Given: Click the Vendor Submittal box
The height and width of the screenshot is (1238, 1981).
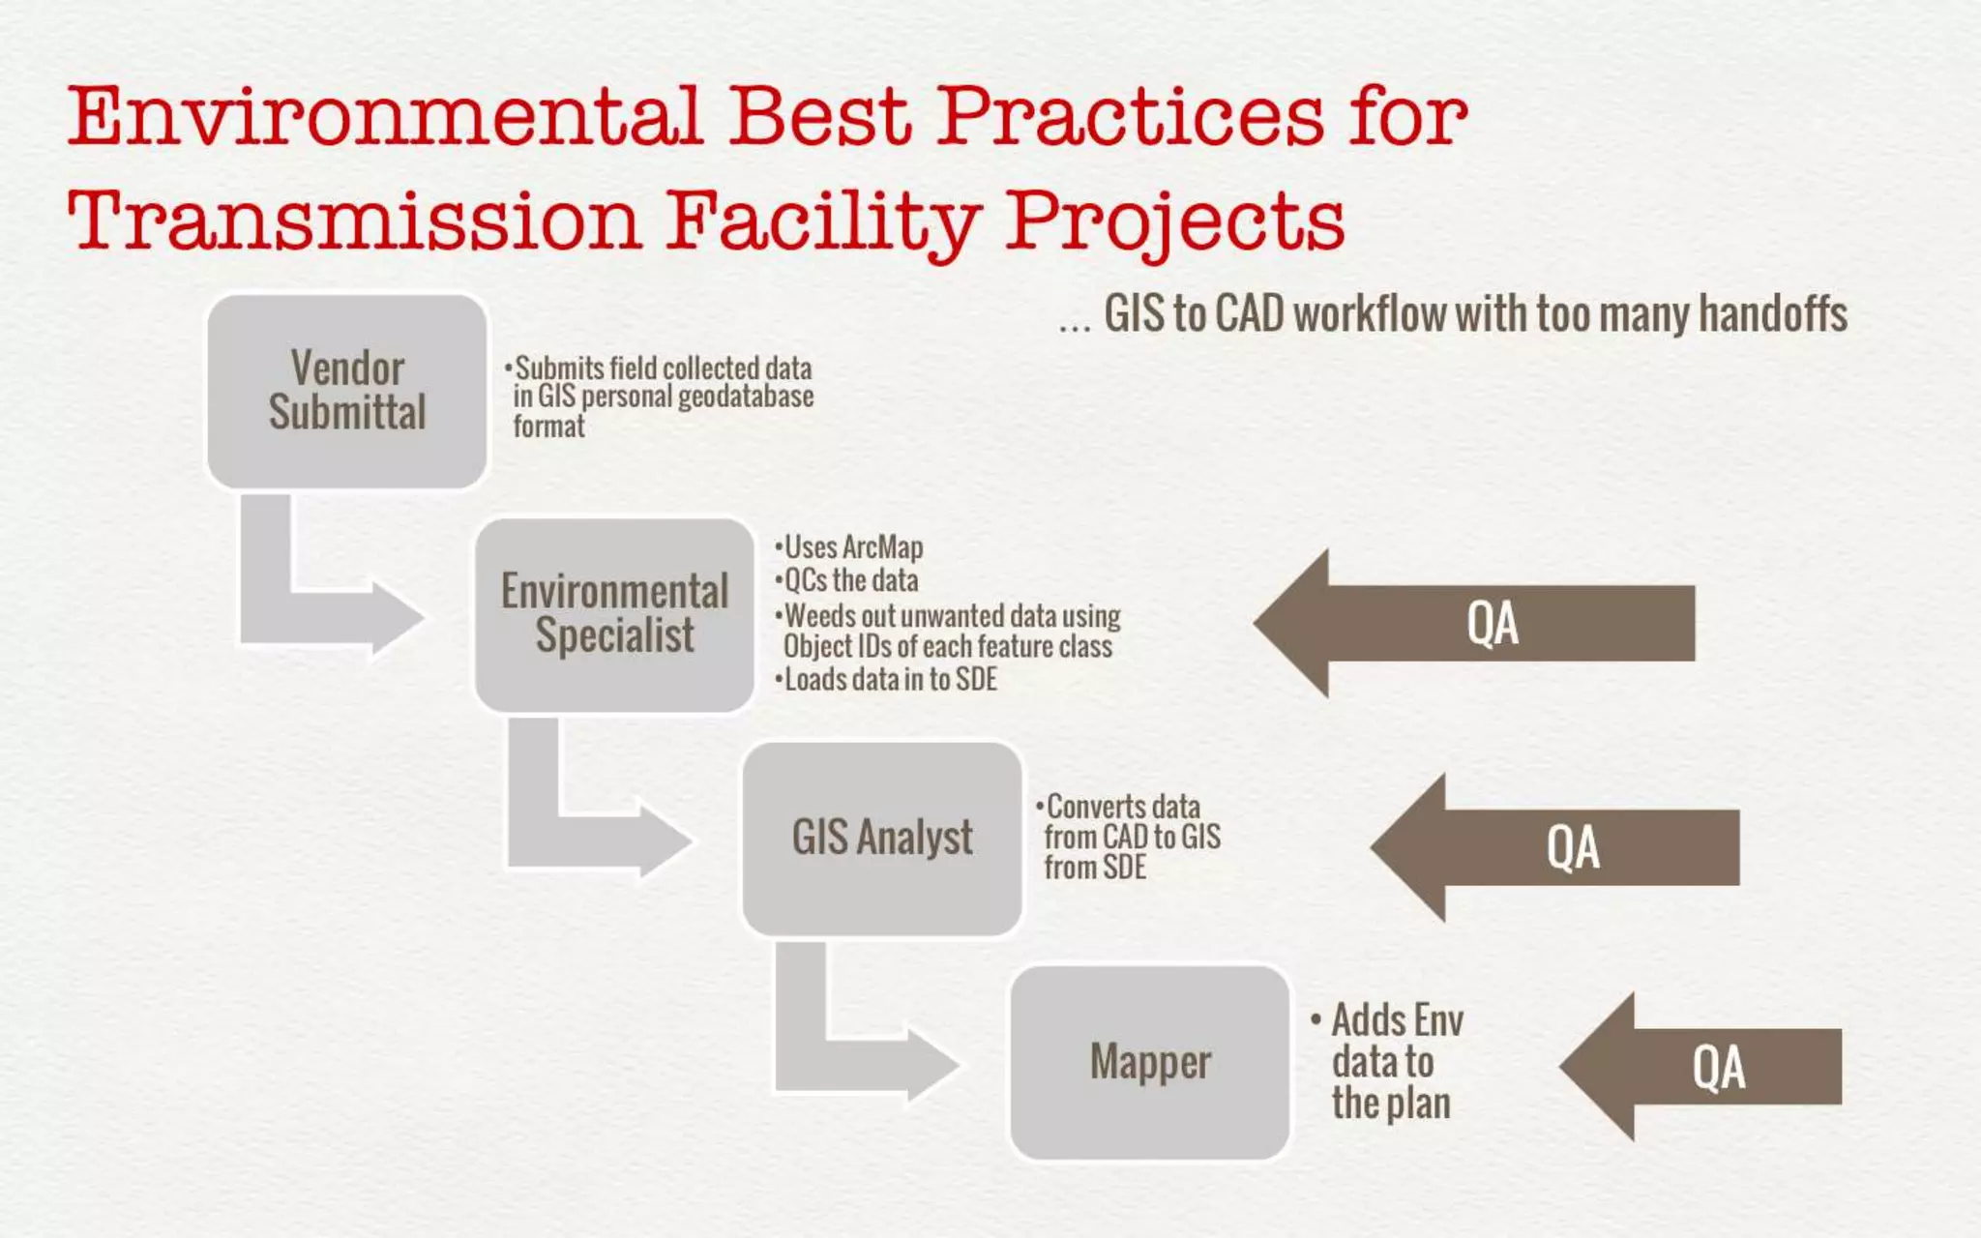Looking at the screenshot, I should coord(346,391).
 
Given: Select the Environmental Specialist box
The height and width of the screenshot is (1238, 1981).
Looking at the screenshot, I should coord(614,614).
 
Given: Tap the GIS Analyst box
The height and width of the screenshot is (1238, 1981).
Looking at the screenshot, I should coord(881,838).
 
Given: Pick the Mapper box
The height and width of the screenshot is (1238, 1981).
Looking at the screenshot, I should coord(1149,1062).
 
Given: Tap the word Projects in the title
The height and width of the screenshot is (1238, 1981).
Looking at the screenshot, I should coord(1174,221).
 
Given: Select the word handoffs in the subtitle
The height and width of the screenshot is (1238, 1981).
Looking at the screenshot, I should coord(1772,313).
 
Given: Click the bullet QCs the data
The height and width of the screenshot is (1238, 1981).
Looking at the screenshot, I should coord(850,580).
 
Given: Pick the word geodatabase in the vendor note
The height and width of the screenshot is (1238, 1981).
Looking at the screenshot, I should coord(745,397).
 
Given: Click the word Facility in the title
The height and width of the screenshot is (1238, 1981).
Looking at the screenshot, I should coord(823,221).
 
